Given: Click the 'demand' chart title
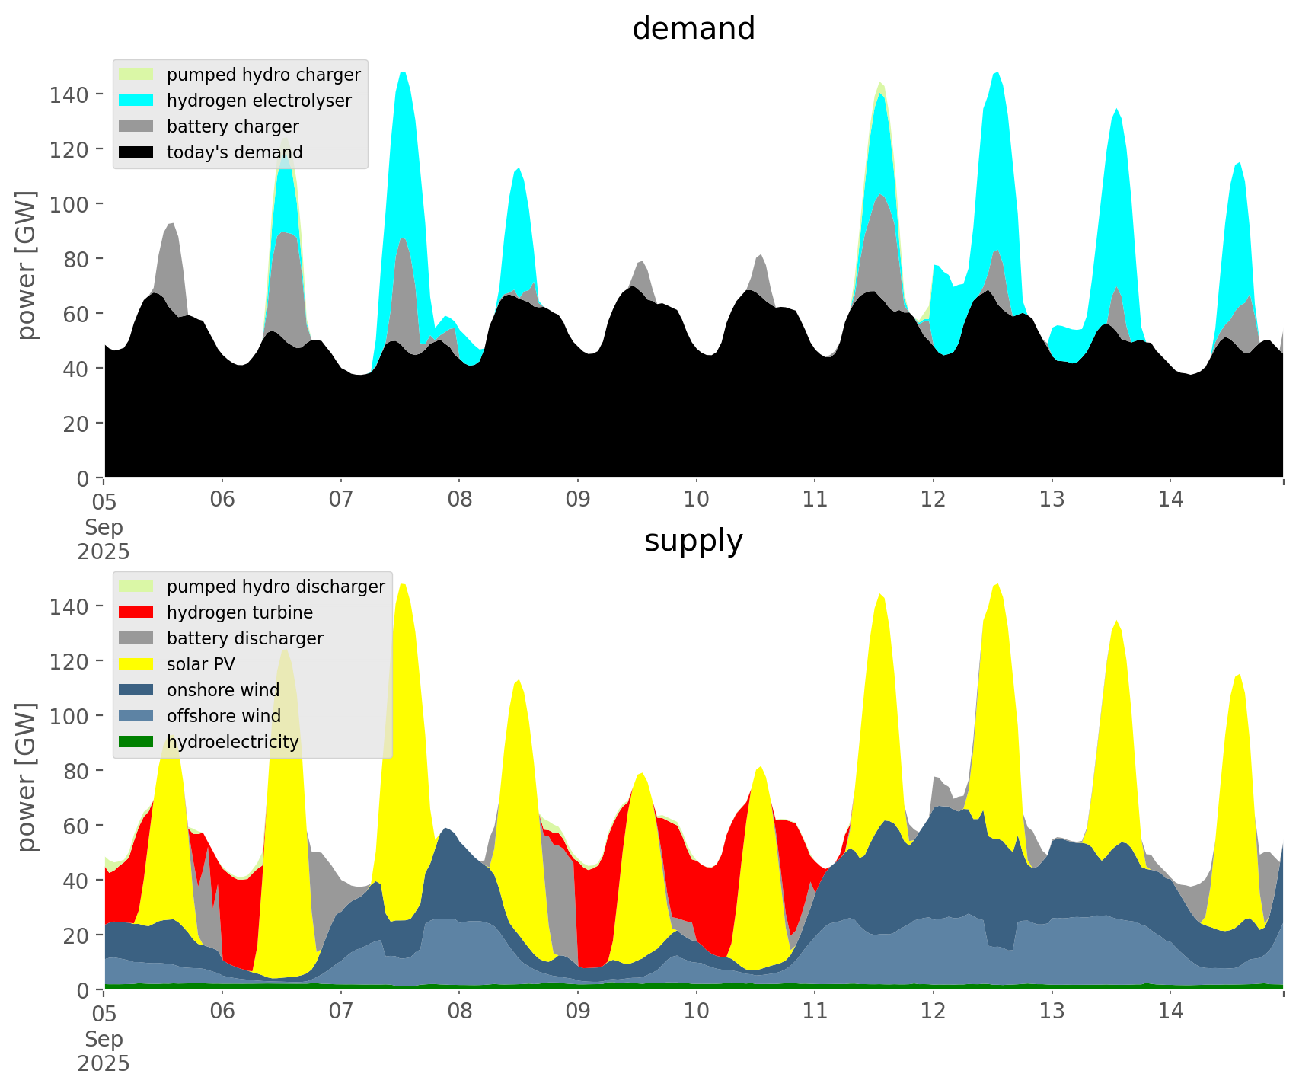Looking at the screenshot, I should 693,29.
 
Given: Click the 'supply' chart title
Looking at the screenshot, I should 693,541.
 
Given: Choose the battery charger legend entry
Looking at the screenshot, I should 232,126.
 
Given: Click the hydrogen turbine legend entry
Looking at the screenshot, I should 239,612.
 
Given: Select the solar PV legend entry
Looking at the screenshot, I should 200,664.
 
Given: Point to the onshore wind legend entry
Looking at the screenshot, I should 222,690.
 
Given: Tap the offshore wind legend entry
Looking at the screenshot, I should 223,716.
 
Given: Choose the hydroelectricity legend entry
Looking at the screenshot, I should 232,742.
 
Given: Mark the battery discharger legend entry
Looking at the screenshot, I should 244,638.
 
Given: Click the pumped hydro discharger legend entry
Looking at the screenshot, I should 276,587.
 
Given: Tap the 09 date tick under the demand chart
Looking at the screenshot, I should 578,500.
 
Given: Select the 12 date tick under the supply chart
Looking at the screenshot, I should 933,1012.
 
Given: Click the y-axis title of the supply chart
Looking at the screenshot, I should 27,777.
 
